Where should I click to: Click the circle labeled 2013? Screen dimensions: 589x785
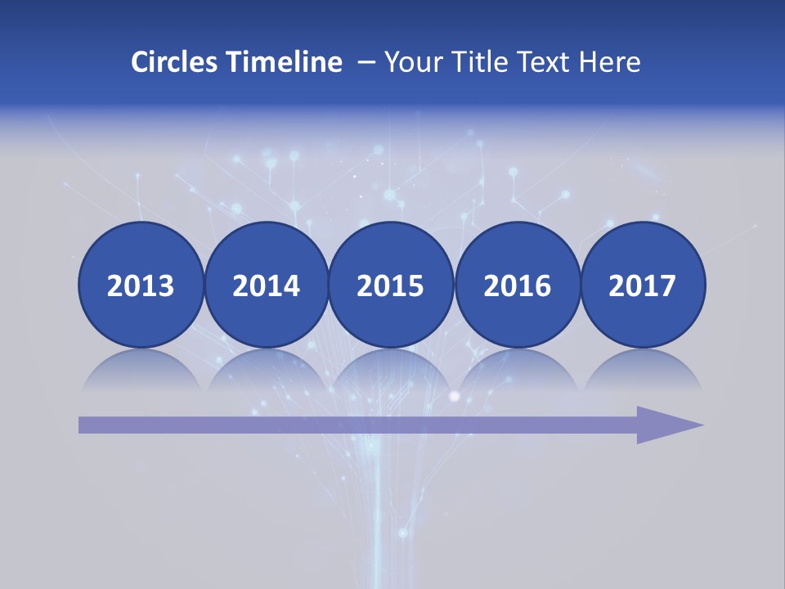141,286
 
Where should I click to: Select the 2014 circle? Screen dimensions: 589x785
266,286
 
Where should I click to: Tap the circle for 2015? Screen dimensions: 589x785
391,286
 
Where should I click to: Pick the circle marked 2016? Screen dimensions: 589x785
517,286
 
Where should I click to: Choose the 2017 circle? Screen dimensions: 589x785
642,286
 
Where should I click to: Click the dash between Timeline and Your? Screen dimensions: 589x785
366,63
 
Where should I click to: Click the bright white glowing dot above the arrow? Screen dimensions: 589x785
455,397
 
